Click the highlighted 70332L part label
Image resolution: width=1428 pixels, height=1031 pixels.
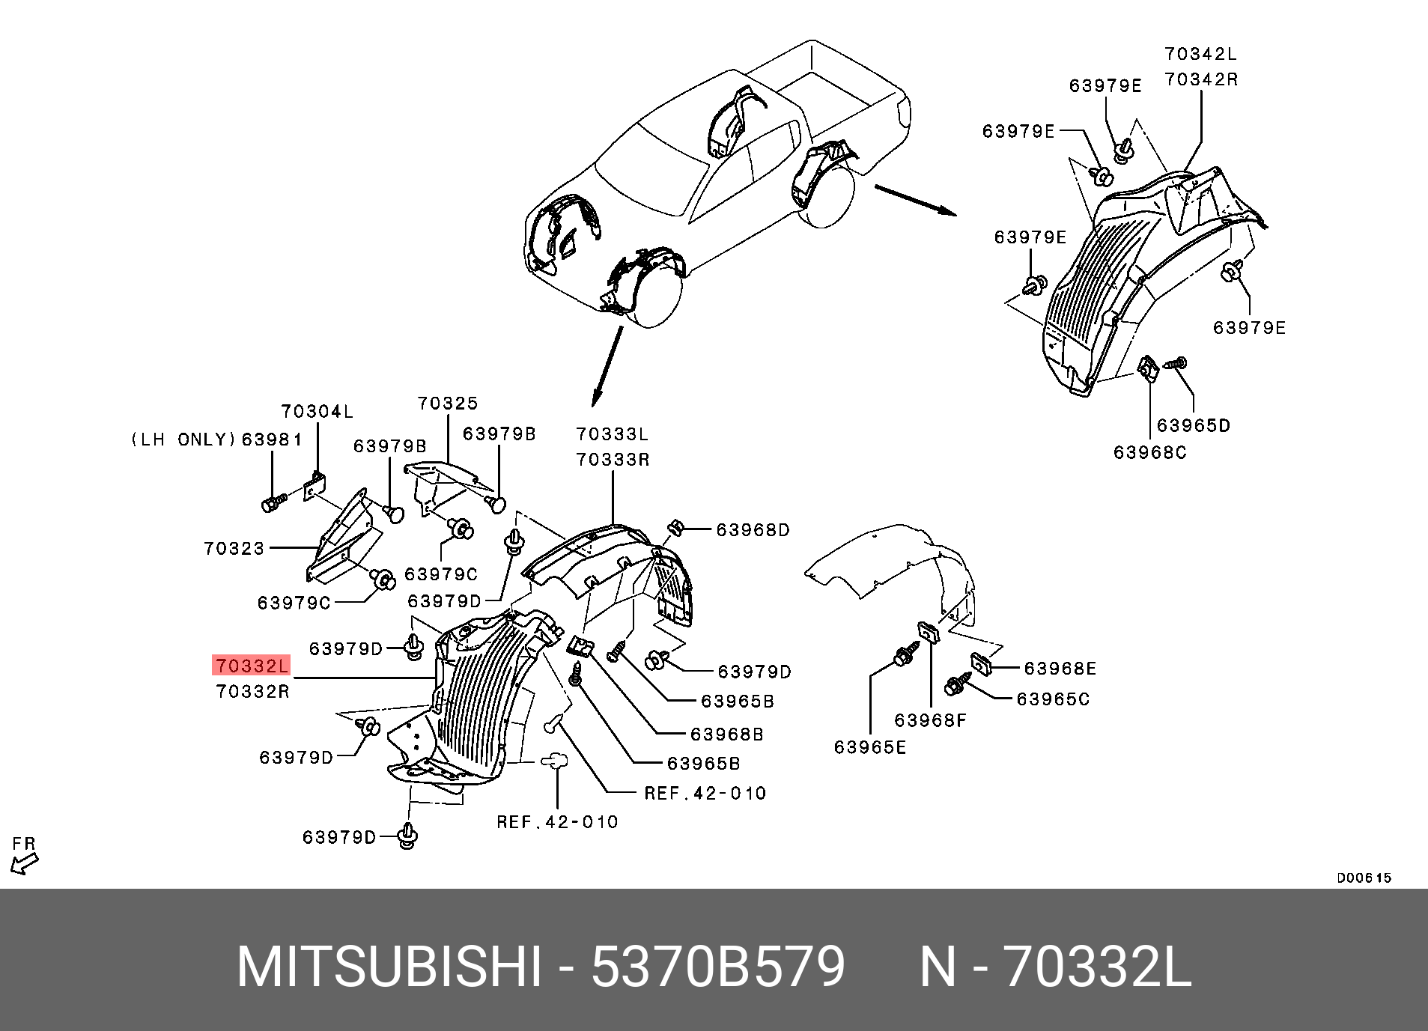pos(251,665)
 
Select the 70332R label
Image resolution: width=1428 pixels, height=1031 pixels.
pos(252,691)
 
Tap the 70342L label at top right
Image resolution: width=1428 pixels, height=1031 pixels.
pos(1200,54)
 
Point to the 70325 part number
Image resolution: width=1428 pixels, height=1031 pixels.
pos(448,404)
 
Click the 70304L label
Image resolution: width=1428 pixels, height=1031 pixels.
pos(317,412)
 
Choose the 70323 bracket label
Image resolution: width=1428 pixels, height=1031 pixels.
pos(234,549)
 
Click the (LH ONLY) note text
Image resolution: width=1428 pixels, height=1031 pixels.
pos(183,440)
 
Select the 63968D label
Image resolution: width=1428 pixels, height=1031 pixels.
pos(753,530)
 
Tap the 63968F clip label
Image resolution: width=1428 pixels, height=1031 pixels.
pos(931,720)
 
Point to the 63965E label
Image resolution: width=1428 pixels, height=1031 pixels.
pos(870,747)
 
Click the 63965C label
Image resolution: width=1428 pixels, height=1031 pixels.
pos(1053,699)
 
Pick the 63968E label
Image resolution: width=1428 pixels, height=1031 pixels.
pos(1060,669)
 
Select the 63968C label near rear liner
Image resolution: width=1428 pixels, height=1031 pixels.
pos(1149,453)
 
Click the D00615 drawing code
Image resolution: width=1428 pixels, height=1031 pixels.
pos(1364,878)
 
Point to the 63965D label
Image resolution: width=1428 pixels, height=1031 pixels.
pos(1193,425)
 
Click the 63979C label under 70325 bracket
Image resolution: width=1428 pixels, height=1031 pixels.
pos(440,574)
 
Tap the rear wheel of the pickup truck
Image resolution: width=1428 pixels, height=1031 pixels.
pos(827,197)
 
